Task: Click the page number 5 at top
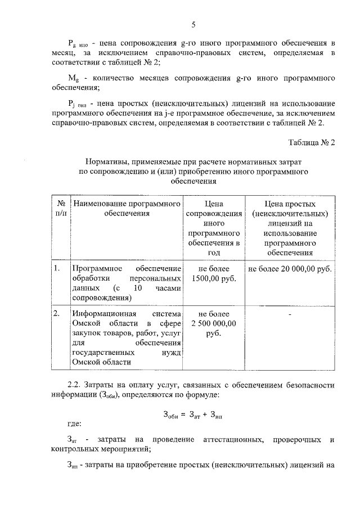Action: pos(193,24)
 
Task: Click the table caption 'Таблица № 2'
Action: pos(312,142)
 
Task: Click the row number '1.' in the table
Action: pos(57,268)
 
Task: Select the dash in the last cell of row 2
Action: pos(290,314)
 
